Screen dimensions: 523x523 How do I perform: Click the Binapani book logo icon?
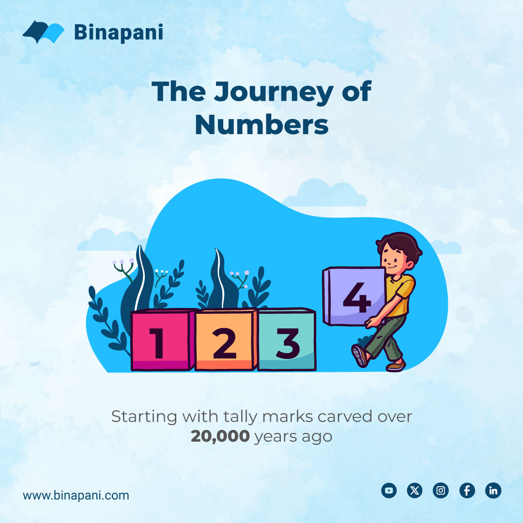(x=44, y=32)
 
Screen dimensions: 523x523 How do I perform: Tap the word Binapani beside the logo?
(x=118, y=32)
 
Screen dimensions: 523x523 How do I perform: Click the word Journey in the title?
(x=278, y=92)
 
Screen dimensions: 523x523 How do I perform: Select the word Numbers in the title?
(x=261, y=124)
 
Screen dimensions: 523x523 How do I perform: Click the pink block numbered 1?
(x=160, y=340)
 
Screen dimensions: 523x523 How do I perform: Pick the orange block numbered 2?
(x=225, y=340)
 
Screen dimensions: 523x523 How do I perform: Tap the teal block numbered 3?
(x=287, y=340)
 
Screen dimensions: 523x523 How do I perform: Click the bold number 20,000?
(x=220, y=436)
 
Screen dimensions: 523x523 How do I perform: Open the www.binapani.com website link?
(x=76, y=495)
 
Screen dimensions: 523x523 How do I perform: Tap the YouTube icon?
(x=388, y=491)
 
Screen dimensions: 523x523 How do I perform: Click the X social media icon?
(x=415, y=491)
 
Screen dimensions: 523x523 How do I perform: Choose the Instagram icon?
(x=441, y=491)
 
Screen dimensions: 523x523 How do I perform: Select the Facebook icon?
(x=467, y=491)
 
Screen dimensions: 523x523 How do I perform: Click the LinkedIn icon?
(x=493, y=491)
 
